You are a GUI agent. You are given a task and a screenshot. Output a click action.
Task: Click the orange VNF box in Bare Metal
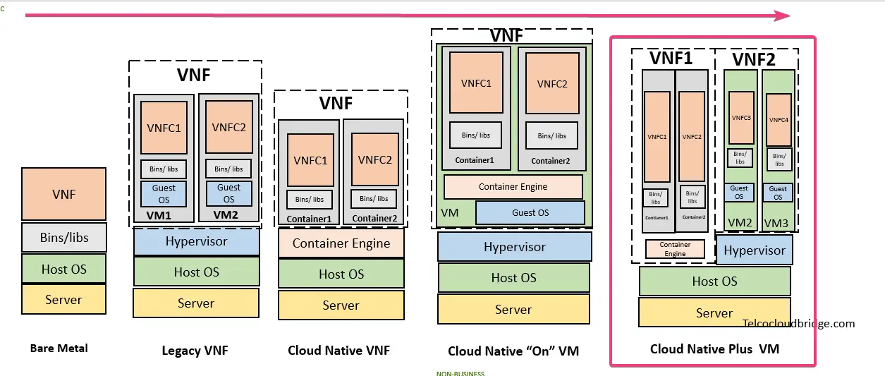(x=63, y=194)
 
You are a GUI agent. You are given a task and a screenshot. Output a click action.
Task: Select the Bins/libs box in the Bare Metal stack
(x=63, y=238)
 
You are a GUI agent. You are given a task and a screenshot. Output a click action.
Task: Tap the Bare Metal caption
(x=59, y=348)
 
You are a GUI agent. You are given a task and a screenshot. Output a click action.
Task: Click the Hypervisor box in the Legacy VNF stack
(x=196, y=241)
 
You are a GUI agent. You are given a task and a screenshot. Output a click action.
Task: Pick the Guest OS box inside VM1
(x=164, y=193)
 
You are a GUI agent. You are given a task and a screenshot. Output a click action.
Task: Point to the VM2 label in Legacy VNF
(x=226, y=215)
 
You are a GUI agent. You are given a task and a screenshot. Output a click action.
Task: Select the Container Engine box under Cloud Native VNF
(x=341, y=243)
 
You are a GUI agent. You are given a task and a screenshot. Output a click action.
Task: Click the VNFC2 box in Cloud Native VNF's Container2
(x=374, y=160)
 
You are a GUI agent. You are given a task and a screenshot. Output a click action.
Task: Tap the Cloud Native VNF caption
(x=338, y=351)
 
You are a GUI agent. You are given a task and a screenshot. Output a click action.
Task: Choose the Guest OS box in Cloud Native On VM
(x=530, y=212)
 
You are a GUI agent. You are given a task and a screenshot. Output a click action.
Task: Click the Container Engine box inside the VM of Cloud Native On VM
(x=513, y=187)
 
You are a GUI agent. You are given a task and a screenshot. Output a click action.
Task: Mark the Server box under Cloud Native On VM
(x=513, y=309)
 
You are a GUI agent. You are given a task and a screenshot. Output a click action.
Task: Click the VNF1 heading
(x=671, y=58)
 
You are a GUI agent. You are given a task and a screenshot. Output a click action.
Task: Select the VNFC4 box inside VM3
(x=779, y=120)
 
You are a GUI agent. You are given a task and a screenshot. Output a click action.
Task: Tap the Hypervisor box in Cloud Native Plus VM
(x=754, y=250)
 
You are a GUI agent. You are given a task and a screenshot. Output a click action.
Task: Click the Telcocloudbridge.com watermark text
(x=798, y=324)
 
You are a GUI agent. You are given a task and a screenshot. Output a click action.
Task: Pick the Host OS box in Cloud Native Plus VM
(x=714, y=281)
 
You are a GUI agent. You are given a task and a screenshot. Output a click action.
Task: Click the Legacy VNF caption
(x=195, y=351)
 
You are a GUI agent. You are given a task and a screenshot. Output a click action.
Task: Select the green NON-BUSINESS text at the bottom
(x=460, y=373)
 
